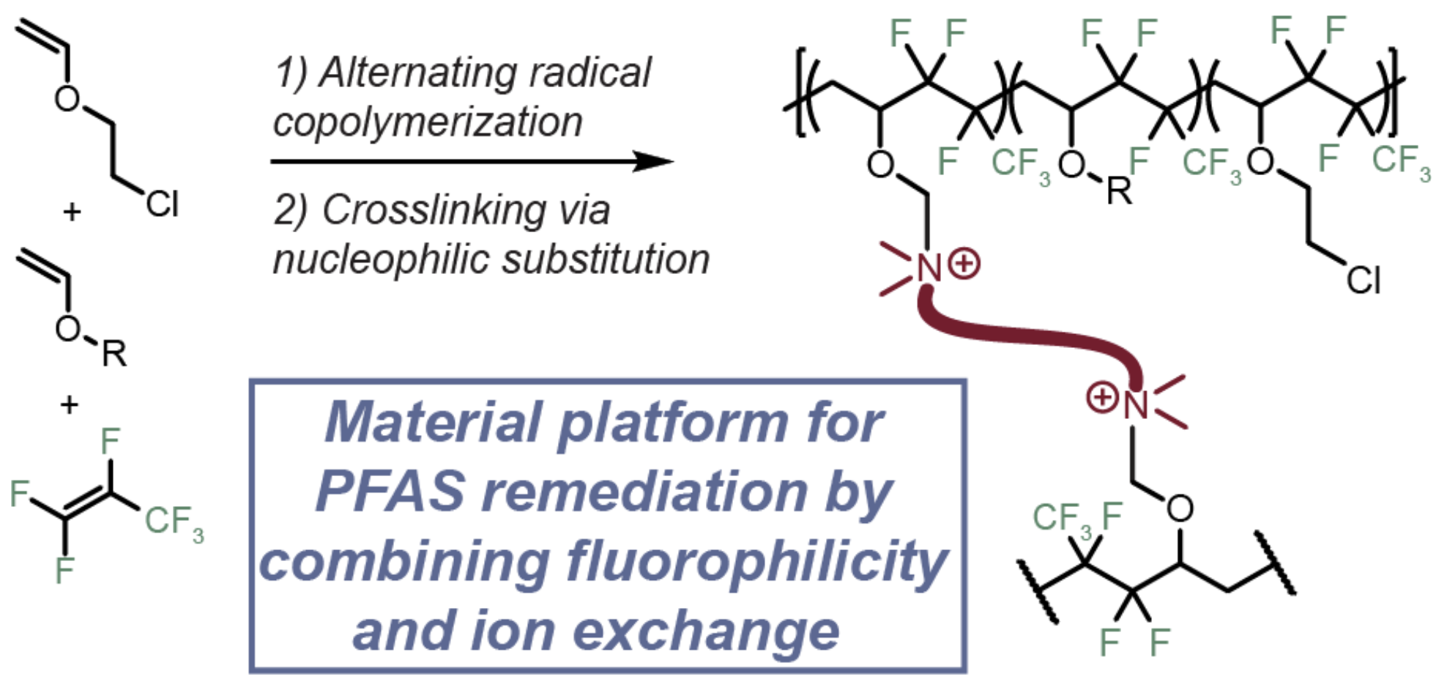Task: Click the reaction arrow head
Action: pos(654,161)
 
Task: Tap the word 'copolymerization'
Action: pos(428,122)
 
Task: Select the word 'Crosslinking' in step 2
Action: pos(434,210)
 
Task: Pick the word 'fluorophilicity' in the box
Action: pos(757,562)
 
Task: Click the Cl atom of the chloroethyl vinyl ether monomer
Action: pos(162,204)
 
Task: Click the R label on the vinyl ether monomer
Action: pos(114,355)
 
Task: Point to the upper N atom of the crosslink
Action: pos(929,268)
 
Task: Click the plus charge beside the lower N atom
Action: pos(1101,398)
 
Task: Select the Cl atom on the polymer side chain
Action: pos(1363,280)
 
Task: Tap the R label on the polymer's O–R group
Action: pos(1118,192)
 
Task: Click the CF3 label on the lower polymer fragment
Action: pos(1061,519)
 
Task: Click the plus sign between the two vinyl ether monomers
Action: pos(72,212)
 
